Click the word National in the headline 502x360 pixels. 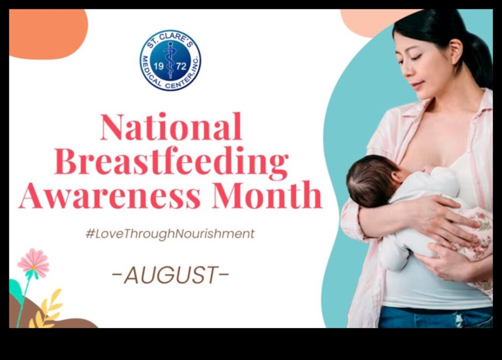[x=171, y=127]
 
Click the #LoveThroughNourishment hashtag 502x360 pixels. [x=170, y=234]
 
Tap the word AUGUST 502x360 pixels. [x=170, y=276]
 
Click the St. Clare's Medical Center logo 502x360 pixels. [x=170, y=60]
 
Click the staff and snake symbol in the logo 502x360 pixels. [x=170, y=59]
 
